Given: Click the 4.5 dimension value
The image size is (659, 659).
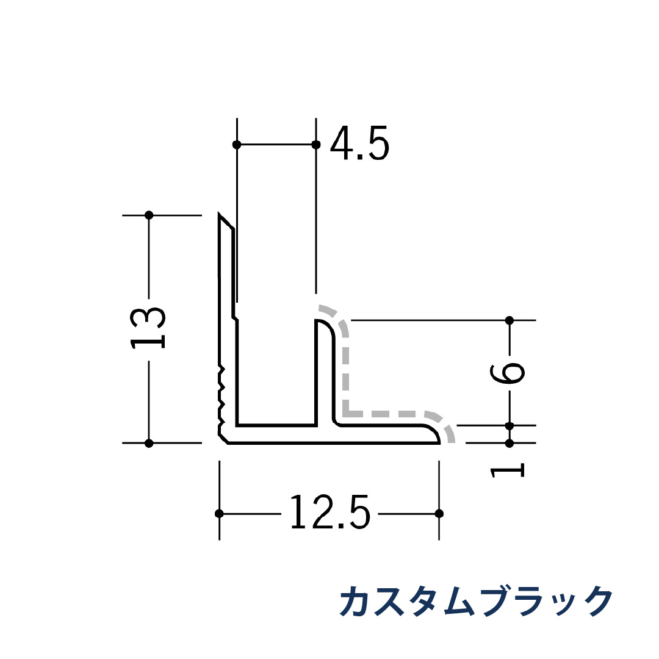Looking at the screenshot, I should (x=359, y=144).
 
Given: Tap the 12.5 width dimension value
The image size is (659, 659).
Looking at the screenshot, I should (x=329, y=513).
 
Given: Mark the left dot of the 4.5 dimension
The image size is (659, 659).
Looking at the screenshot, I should (x=237, y=145).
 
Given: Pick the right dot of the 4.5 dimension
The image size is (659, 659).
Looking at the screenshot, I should (x=315, y=145).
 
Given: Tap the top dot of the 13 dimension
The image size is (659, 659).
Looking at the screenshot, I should (x=149, y=215).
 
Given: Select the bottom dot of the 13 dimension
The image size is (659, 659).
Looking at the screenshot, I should (x=149, y=443).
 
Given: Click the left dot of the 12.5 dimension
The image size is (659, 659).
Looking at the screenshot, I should (x=220, y=513).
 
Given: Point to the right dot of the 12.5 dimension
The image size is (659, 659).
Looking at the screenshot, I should (x=439, y=513).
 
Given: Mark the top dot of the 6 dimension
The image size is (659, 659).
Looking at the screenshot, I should (x=510, y=320).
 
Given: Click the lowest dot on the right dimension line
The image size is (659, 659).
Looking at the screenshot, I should (x=510, y=443).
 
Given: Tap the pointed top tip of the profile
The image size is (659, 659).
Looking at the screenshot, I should (x=220, y=215).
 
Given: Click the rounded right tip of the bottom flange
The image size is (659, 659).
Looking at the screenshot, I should (x=437, y=435).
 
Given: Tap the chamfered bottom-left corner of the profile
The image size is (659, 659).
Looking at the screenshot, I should (x=223, y=439).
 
